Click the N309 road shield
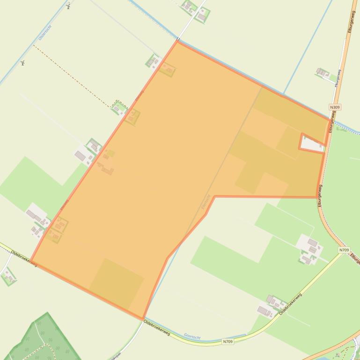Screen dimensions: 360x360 [335, 107]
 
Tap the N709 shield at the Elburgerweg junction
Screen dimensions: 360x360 [344, 250]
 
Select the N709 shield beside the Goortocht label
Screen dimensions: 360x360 [228, 342]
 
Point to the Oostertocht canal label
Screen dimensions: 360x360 [45, 32]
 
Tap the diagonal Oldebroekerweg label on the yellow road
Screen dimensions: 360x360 [290, 304]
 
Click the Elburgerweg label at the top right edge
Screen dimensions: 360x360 [351, 21]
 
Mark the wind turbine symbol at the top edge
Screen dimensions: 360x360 [68, 6]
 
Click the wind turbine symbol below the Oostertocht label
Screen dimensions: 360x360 [22, 63]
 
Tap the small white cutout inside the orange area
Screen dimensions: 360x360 [312, 144]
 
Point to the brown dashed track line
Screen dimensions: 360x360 [70, 75]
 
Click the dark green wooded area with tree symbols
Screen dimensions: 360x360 [44, 339]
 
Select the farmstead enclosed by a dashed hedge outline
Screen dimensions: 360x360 [119, 108]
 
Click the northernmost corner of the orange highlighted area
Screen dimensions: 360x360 [177, 41]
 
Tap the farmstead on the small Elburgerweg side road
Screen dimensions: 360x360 [322, 72]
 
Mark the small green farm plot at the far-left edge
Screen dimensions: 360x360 [8, 277]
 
